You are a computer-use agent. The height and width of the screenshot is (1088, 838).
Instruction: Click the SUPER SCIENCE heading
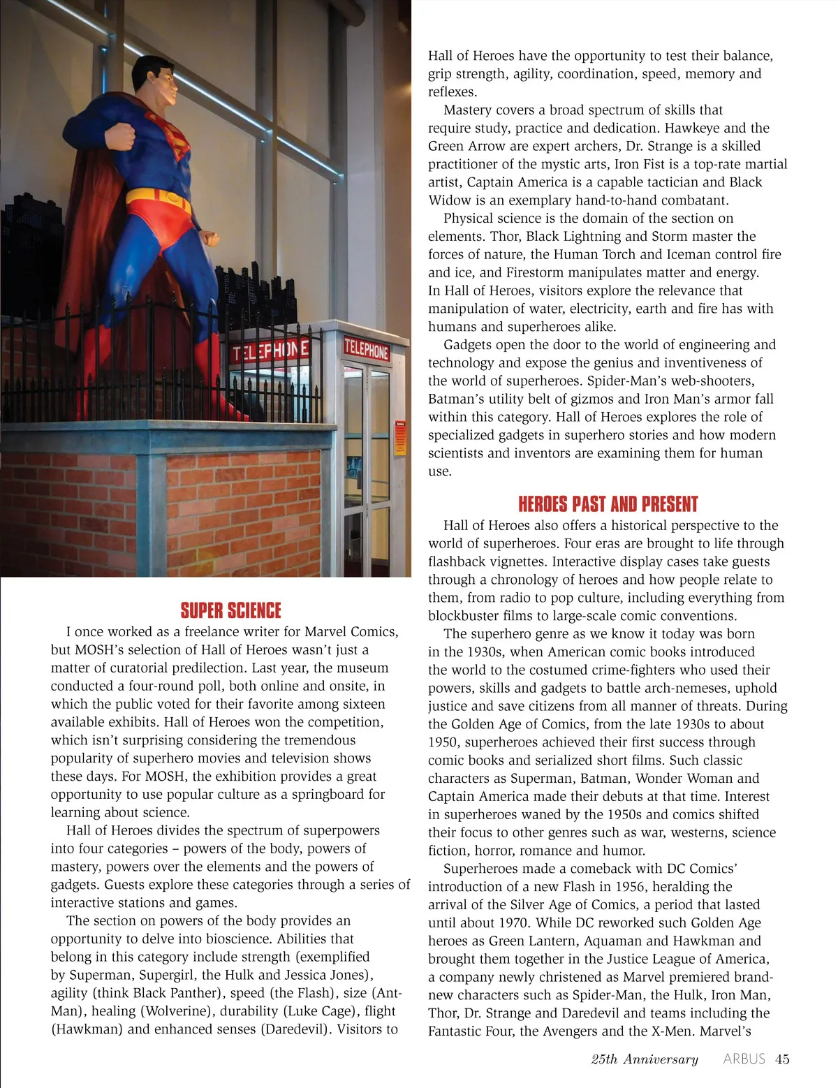tap(230, 611)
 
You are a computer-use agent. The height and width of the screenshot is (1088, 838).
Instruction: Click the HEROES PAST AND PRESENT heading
tap(608, 504)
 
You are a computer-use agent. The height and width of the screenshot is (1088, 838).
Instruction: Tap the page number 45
tap(782, 1059)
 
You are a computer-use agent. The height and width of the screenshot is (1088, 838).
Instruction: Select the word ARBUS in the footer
tap(744, 1059)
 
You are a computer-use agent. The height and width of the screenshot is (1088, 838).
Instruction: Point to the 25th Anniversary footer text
tap(644, 1059)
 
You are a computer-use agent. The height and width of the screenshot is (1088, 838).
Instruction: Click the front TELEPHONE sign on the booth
tap(366, 348)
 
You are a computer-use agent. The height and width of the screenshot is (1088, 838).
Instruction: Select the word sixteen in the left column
tap(362, 704)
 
